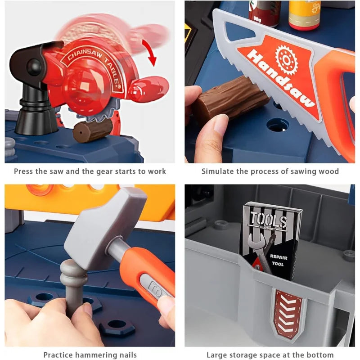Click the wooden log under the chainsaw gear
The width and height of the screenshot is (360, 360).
(92, 130)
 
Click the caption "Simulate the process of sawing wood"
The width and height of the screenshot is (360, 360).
(270, 171)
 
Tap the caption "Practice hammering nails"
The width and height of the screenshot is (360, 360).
(90, 355)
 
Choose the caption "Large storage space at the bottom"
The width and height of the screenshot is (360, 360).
(270, 355)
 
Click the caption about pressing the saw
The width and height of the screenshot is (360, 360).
(90, 171)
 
